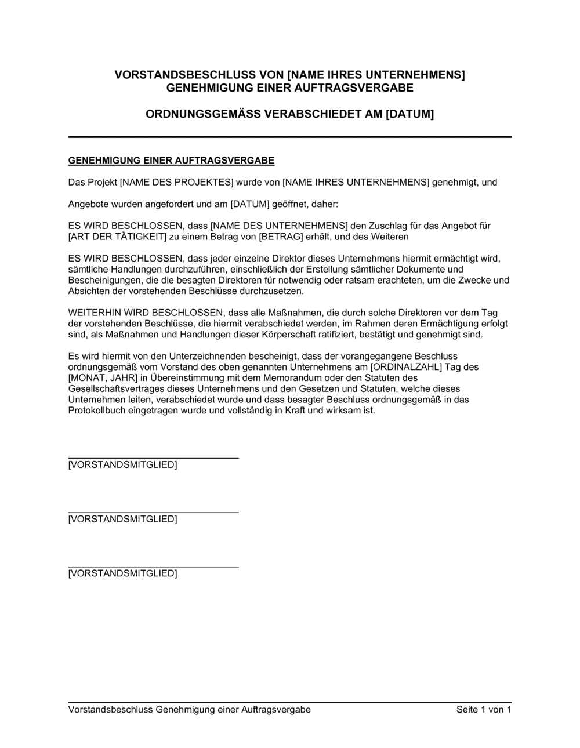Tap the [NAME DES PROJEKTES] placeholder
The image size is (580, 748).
click(176, 182)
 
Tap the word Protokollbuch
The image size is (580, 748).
click(96, 411)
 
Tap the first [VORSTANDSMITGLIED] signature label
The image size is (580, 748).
click(122, 464)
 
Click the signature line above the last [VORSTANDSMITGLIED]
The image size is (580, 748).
click(153, 566)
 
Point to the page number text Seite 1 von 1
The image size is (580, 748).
click(484, 710)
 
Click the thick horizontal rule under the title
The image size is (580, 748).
click(290, 137)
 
